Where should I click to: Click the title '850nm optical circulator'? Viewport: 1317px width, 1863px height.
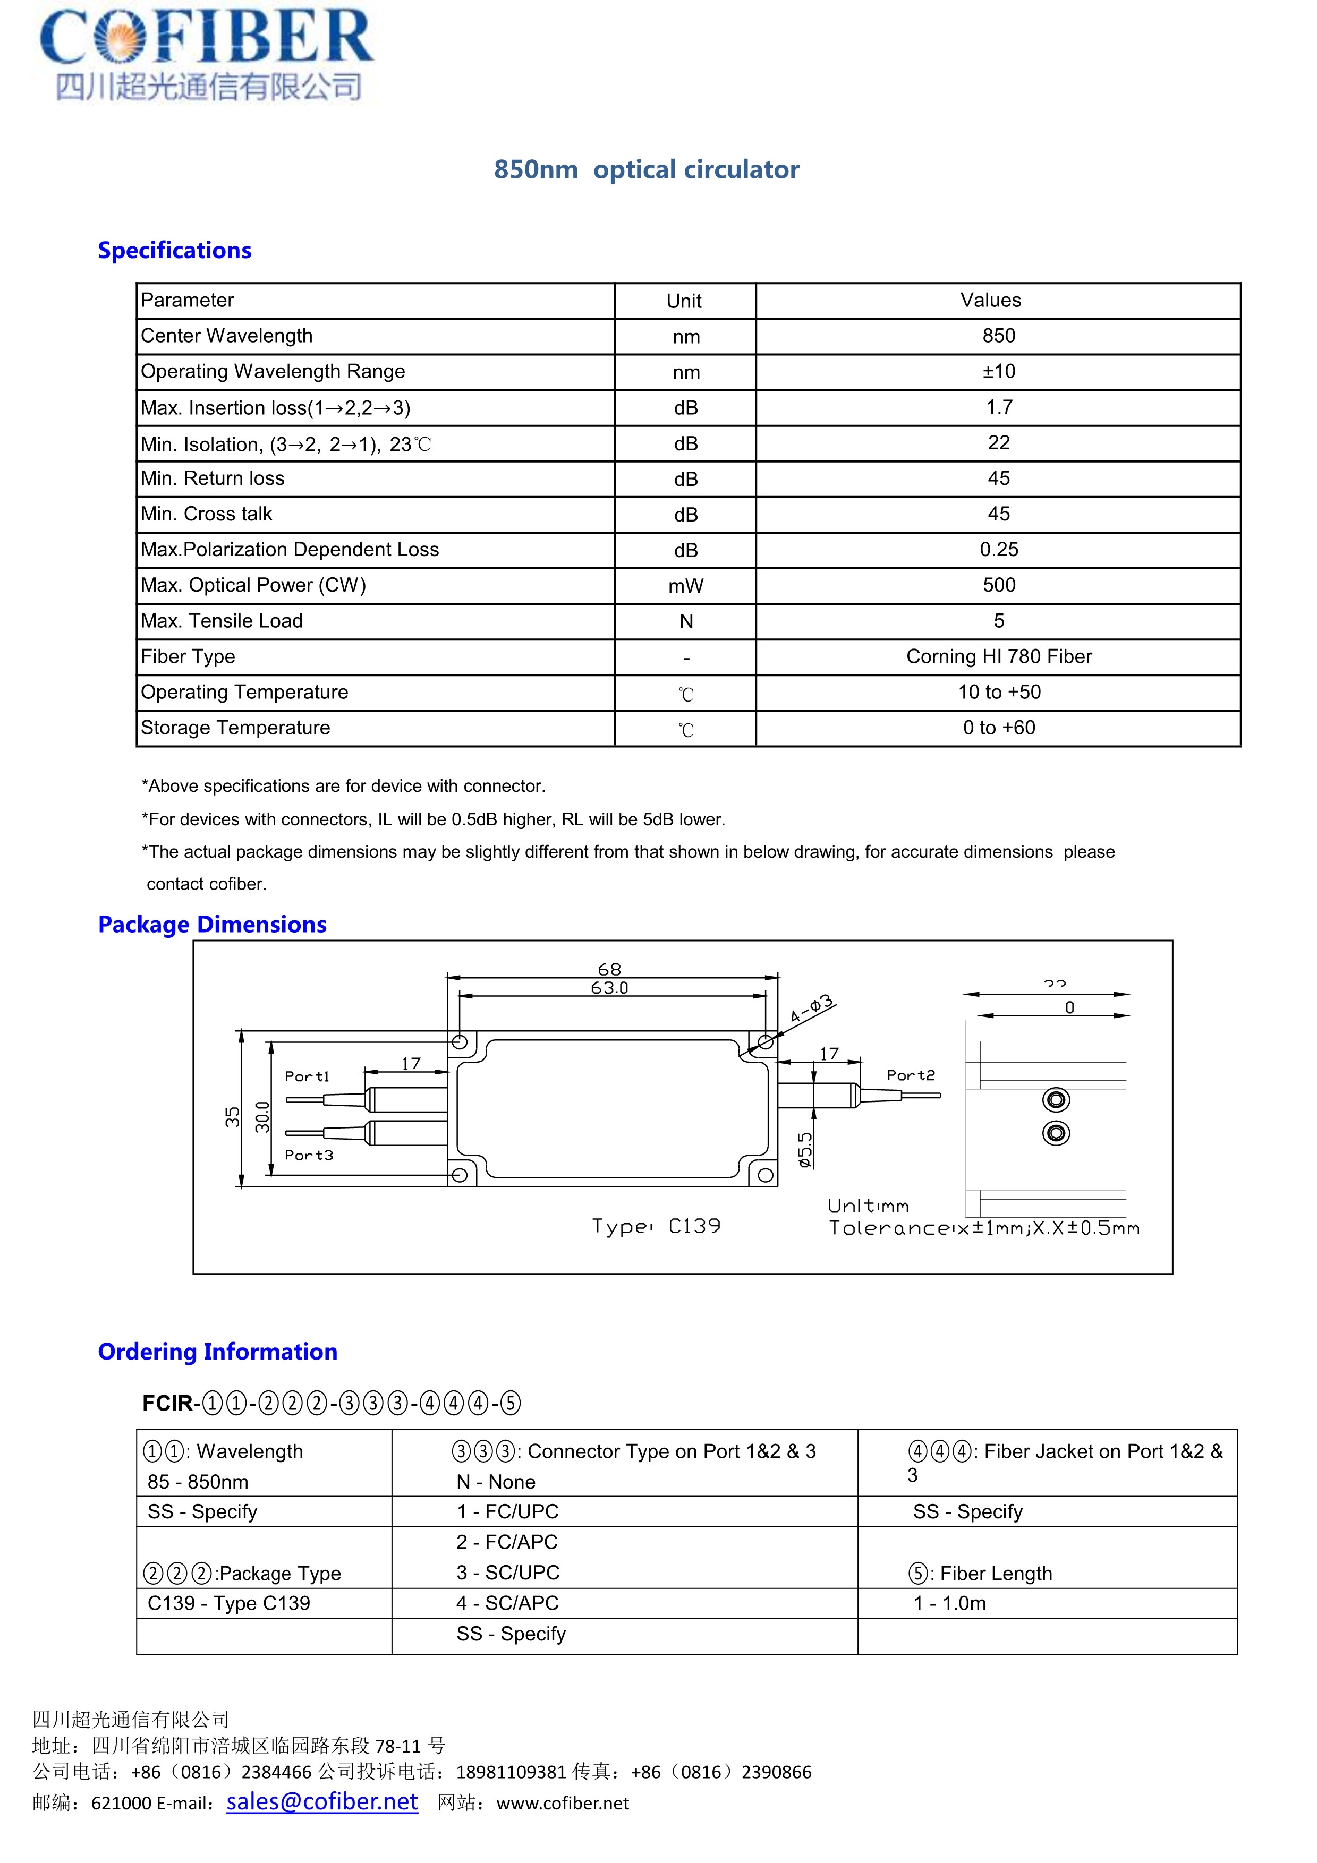pos(646,169)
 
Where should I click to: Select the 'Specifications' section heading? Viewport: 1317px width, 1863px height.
pos(174,250)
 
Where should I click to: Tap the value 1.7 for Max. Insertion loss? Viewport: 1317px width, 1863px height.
pos(998,407)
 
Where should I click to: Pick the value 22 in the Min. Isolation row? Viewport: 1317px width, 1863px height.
pos(998,443)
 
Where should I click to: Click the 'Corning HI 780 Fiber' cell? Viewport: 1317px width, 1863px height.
pos(998,656)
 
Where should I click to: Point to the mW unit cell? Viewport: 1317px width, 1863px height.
pos(686,586)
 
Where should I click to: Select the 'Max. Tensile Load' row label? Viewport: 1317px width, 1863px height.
pos(222,621)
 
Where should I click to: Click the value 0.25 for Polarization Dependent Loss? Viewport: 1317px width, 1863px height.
pos(998,549)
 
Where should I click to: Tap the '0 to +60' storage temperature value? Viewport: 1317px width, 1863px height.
pos(998,728)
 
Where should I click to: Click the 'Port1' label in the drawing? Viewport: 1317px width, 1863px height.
pos(307,1076)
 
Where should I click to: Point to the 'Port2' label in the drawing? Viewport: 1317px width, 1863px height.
pos(911,1075)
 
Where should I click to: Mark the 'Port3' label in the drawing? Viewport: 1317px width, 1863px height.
pos(308,1155)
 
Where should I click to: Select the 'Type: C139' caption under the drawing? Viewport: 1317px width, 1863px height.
pos(656,1226)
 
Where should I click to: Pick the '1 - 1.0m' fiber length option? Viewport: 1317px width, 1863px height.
pos(949,1603)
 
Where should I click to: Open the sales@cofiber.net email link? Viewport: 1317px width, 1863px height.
pos(322,1801)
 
